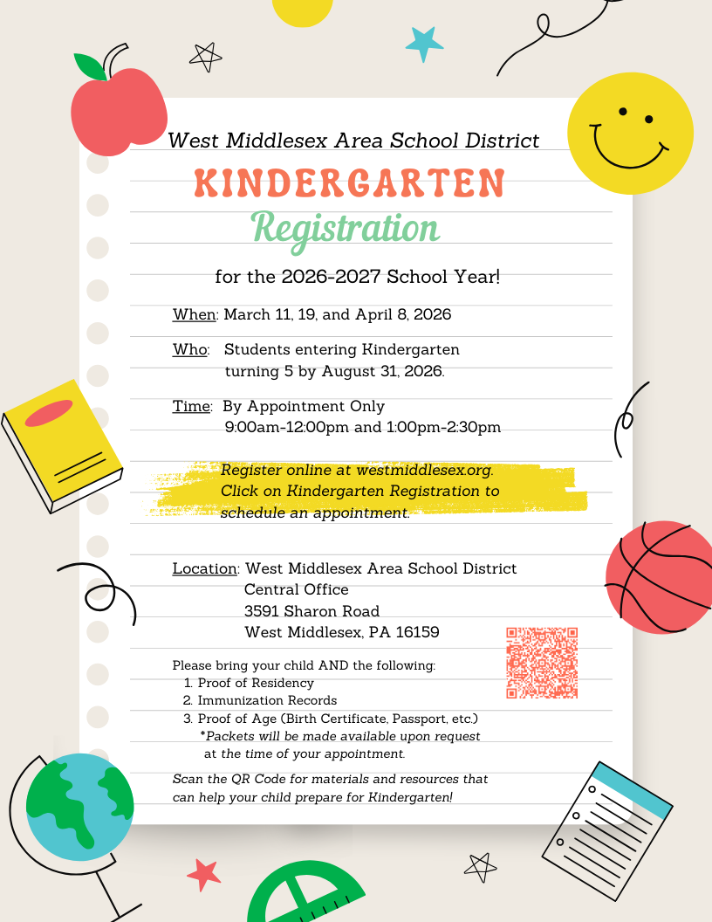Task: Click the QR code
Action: (x=542, y=663)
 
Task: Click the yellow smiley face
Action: (x=630, y=133)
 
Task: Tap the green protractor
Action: (x=305, y=895)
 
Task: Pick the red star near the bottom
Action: (x=204, y=873)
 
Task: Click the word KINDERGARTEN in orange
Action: (x=349, y=183)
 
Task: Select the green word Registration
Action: (x=346, y=229)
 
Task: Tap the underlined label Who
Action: (x=190, y=350)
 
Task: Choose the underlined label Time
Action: (x=192, y=406)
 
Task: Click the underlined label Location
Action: (x=205, y=568)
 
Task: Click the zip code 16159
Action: (x=416, y=632)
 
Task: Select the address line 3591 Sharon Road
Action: (x=311, y=610)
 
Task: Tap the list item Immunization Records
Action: (x=267, y=700)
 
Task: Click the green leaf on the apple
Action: (x=89, y=66)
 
